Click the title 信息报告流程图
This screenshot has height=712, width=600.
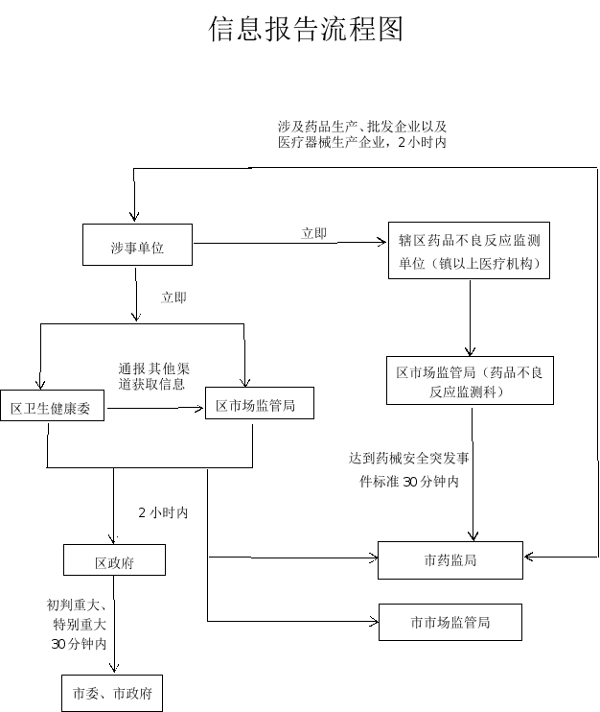pos(306,29)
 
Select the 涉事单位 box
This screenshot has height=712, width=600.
pos(137,248)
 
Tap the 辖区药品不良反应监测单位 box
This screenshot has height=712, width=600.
pos(469,252)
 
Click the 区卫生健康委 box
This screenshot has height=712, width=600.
pos(51,409)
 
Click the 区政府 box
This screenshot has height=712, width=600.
pos(114,561)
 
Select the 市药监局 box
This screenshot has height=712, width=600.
pos(450,560)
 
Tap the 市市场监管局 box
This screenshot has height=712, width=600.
pos(450,622)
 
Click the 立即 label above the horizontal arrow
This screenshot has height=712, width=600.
pos(313,233)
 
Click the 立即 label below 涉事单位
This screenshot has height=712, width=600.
pos(174,297)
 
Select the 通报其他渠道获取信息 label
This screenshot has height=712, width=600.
pos(153,377)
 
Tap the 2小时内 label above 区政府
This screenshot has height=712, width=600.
pos(163,513)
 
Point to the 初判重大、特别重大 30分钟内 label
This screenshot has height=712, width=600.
pos(80,625)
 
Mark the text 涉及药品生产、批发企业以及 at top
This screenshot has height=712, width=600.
pos(362,127)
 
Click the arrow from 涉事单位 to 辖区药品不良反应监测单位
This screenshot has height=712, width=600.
pos(288,243)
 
